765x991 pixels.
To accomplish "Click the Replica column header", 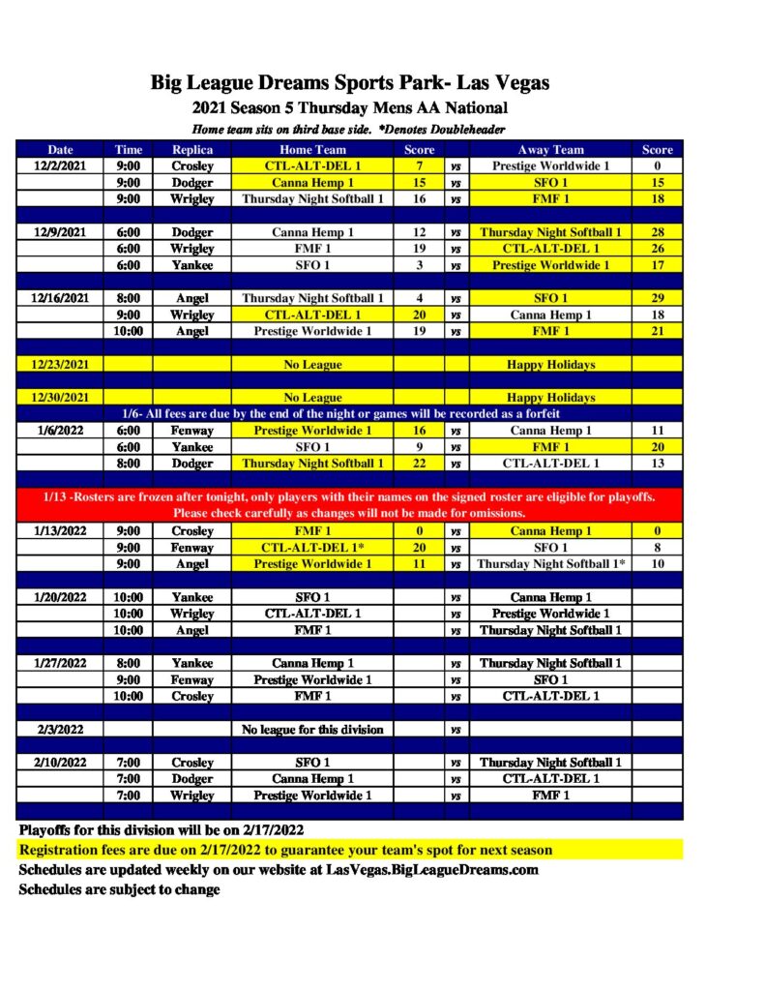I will [x=192, y=150].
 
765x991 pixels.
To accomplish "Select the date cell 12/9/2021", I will [x=61, y=232].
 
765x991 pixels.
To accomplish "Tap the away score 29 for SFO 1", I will [x=657, y=298].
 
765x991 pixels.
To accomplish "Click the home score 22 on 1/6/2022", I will [x=419, y=464].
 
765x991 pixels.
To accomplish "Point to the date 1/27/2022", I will [x=61, y=663].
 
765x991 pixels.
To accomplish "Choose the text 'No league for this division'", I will [x=312, y=729].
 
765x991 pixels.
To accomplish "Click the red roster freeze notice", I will [x=349, y=504].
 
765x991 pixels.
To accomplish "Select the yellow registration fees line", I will [x=286, y=850].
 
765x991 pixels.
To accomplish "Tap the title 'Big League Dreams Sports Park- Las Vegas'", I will [x=349, y=83].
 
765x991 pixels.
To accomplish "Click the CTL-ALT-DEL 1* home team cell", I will [x=312, y=548].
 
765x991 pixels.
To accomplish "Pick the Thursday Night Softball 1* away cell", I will [x=551, y=564].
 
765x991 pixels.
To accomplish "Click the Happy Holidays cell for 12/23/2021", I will [x=550, y=365].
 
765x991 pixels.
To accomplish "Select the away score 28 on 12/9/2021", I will [x=657, y=232].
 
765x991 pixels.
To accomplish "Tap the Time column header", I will [x=128, y=150].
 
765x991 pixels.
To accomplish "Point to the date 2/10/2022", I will [x=61, y=762].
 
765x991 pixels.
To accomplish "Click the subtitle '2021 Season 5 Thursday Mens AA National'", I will [x=349, y=107].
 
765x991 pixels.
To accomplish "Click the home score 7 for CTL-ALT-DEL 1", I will [x=419, y=165].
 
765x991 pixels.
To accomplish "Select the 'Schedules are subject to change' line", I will [x=120, y=889].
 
